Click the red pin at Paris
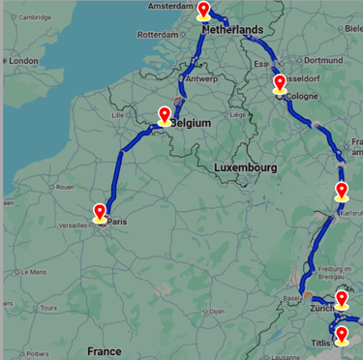tap(100, 212)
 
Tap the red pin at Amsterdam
tap(203, 11)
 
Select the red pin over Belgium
tap(166, 116)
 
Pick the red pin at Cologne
tap(280, 82)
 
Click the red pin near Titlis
tap(341, 335)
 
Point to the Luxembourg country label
tap(246, 167)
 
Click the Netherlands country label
tap(233, 30)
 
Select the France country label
tap(104, 350)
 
